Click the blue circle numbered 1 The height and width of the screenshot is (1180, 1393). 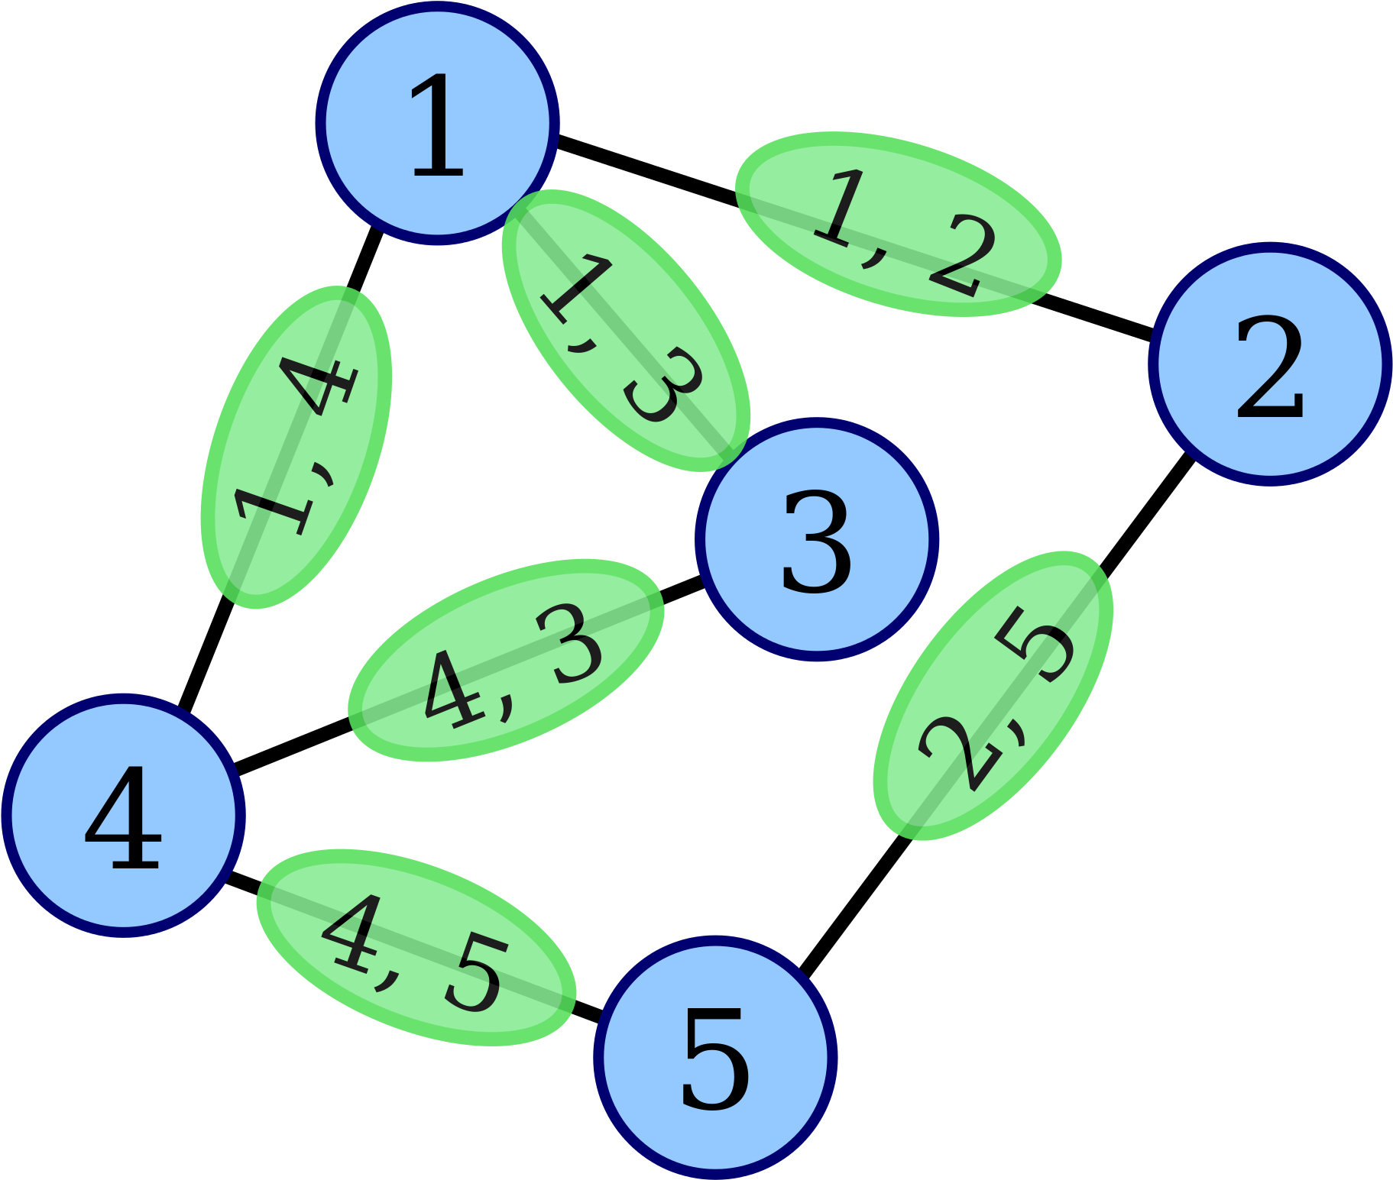pyautogui.click(x=437, y=123)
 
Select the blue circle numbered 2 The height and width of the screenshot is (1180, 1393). pyautogui.click(x=1269, y=364)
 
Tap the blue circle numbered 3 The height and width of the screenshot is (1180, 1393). pyautogui.click(x=817, y=539)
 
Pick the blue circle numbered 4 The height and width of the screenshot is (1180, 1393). pyautogui.click(x=123, y=815)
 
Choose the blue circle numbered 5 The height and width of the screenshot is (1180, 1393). pyautogui.click(x=715, y=1057)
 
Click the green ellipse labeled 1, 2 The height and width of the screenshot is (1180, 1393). pyautogui.click(x=898, y=224)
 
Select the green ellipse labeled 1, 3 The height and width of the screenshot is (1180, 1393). pyautogui.click(x=625, y=330)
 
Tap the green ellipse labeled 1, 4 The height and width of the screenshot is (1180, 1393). pyautogui.click(x=296, y=447)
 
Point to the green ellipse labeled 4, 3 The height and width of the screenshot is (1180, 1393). pyautogui.click(x=506, y=660)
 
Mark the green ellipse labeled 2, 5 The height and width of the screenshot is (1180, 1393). pyautogui.click(x=993, y=695)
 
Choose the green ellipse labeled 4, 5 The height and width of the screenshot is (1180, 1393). pyautogui.click(x=416, y=946)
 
